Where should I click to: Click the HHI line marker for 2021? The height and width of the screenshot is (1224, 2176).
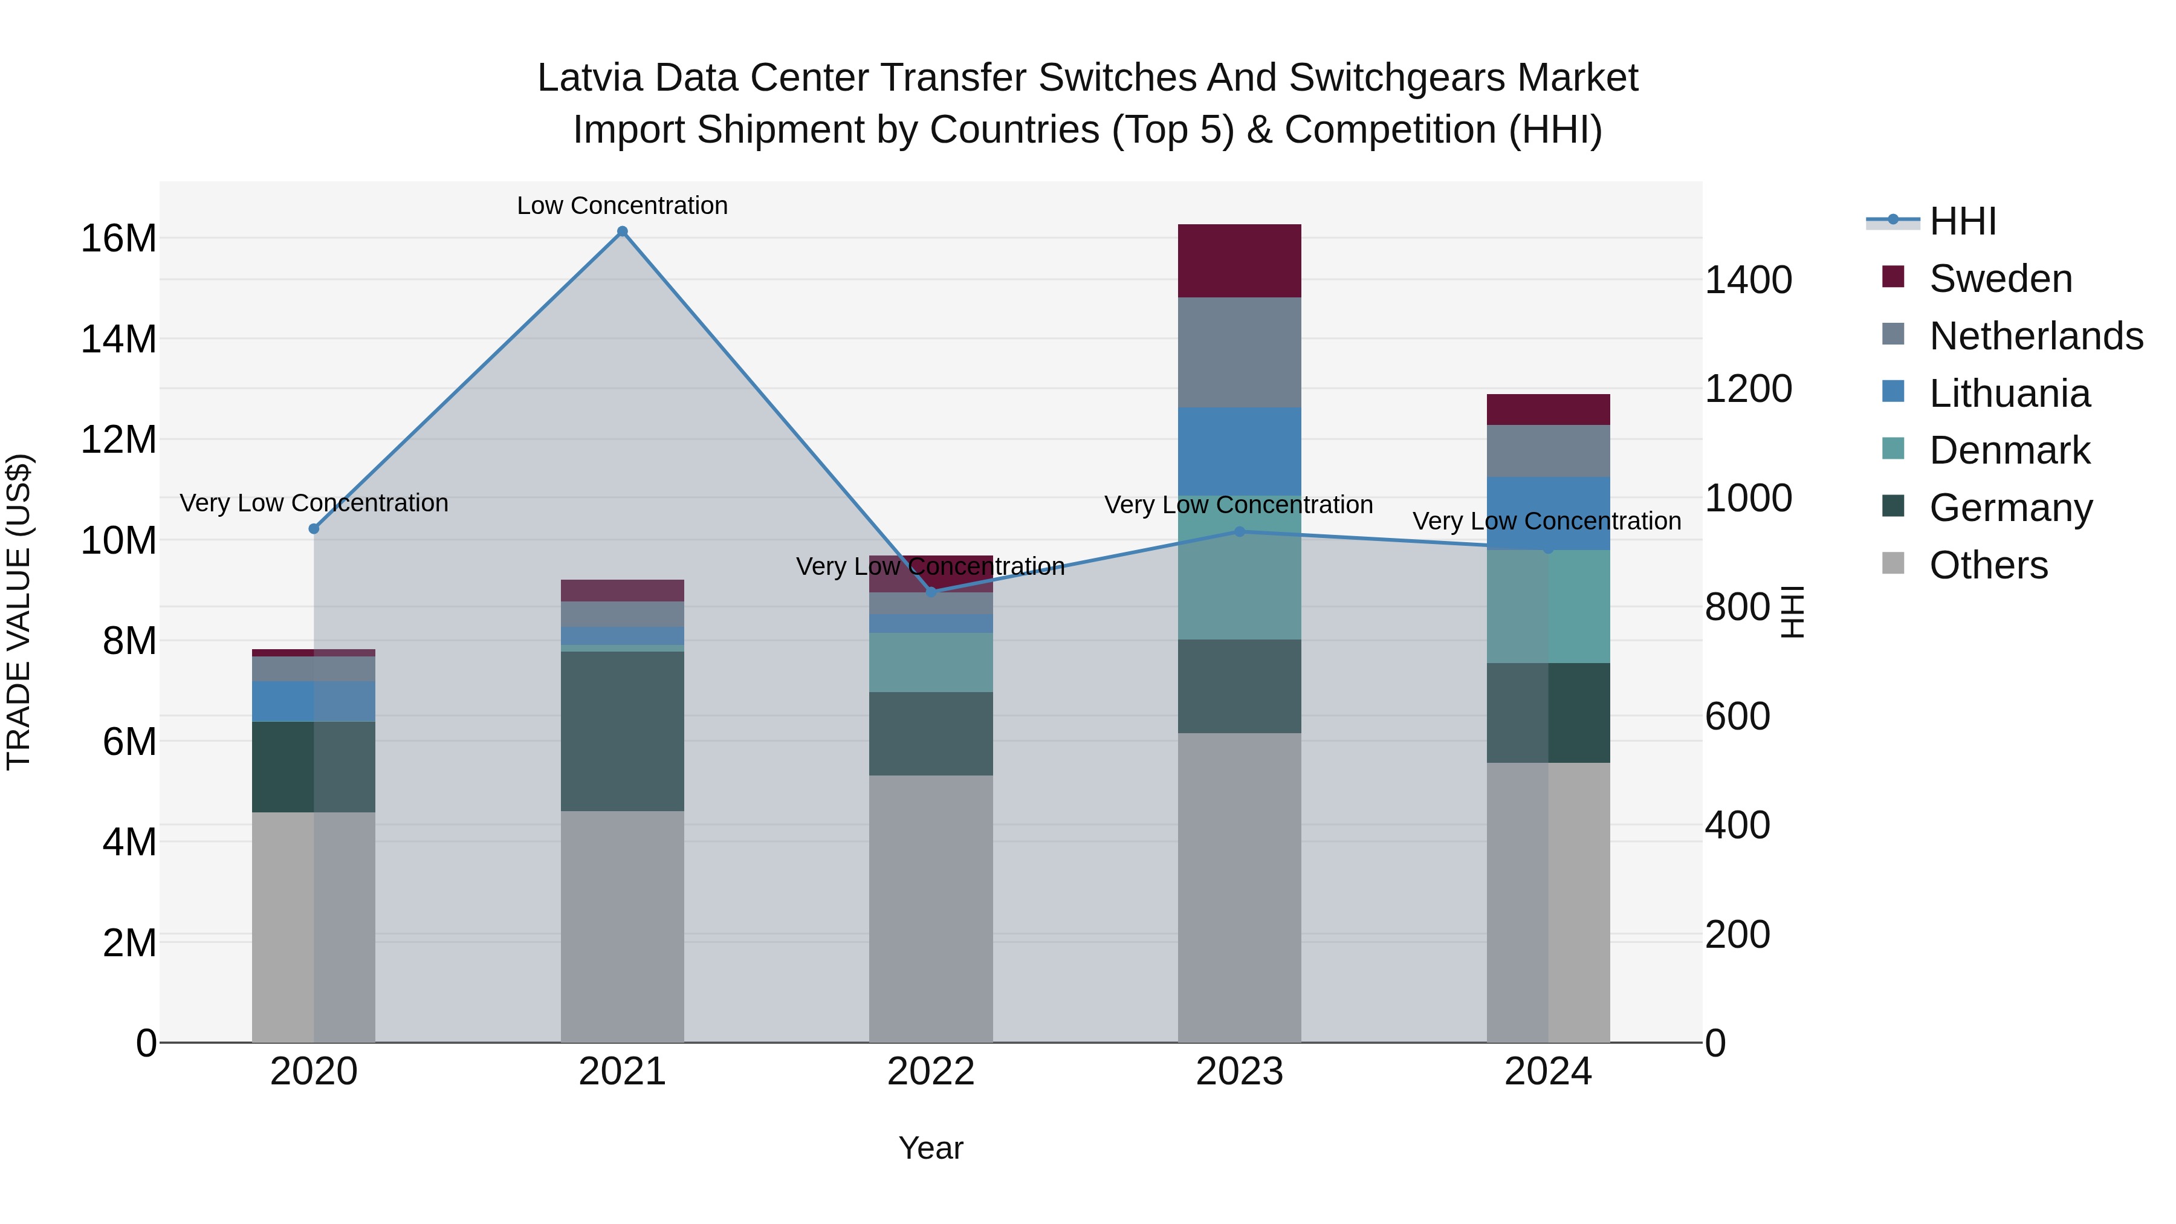pos(622,232)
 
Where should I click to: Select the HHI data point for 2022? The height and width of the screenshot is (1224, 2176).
pos(931,592)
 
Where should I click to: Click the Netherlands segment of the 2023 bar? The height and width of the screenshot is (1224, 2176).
pos(1239,352)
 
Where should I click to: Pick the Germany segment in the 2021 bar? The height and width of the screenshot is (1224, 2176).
pos(622,731)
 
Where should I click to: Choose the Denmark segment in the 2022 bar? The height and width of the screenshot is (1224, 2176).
pos(931,662)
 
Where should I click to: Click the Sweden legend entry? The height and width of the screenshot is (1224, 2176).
pos(2000,279)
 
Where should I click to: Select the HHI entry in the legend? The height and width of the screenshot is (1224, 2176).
pos(1962,221)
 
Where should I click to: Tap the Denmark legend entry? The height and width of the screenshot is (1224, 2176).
pos(2009,450)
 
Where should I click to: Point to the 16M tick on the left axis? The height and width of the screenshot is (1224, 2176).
pos(118,238)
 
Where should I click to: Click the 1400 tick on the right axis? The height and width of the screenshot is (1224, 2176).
pos(1747,280)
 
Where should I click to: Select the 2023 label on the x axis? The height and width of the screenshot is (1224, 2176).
pos(1239,1072)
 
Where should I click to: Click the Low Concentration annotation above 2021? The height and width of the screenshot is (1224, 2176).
pos(622,206)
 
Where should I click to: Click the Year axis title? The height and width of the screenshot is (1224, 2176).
pos(930,1148)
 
